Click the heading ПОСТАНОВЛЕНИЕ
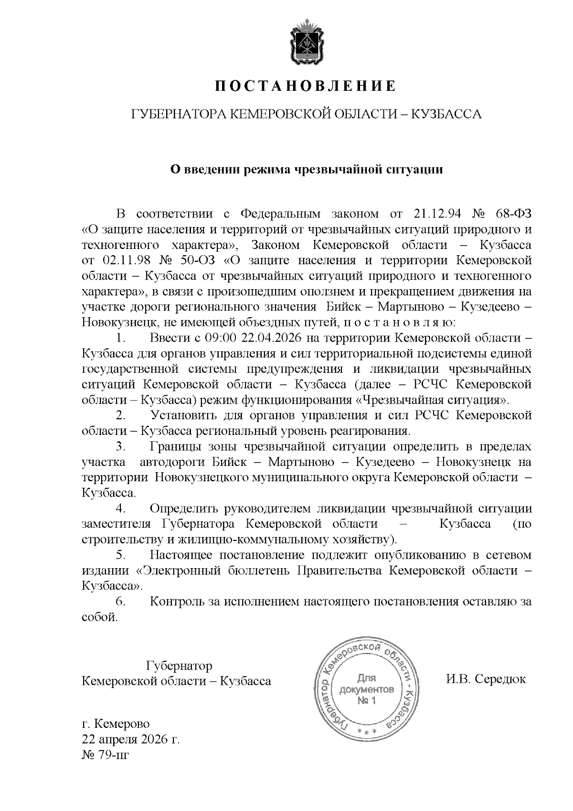click(305, 87)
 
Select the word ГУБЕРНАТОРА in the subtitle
click(177, 115)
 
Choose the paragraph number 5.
click(120, 555)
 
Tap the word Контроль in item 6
click(177, 602)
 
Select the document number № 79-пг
click(106, 756)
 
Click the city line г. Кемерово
click(116, 724)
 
